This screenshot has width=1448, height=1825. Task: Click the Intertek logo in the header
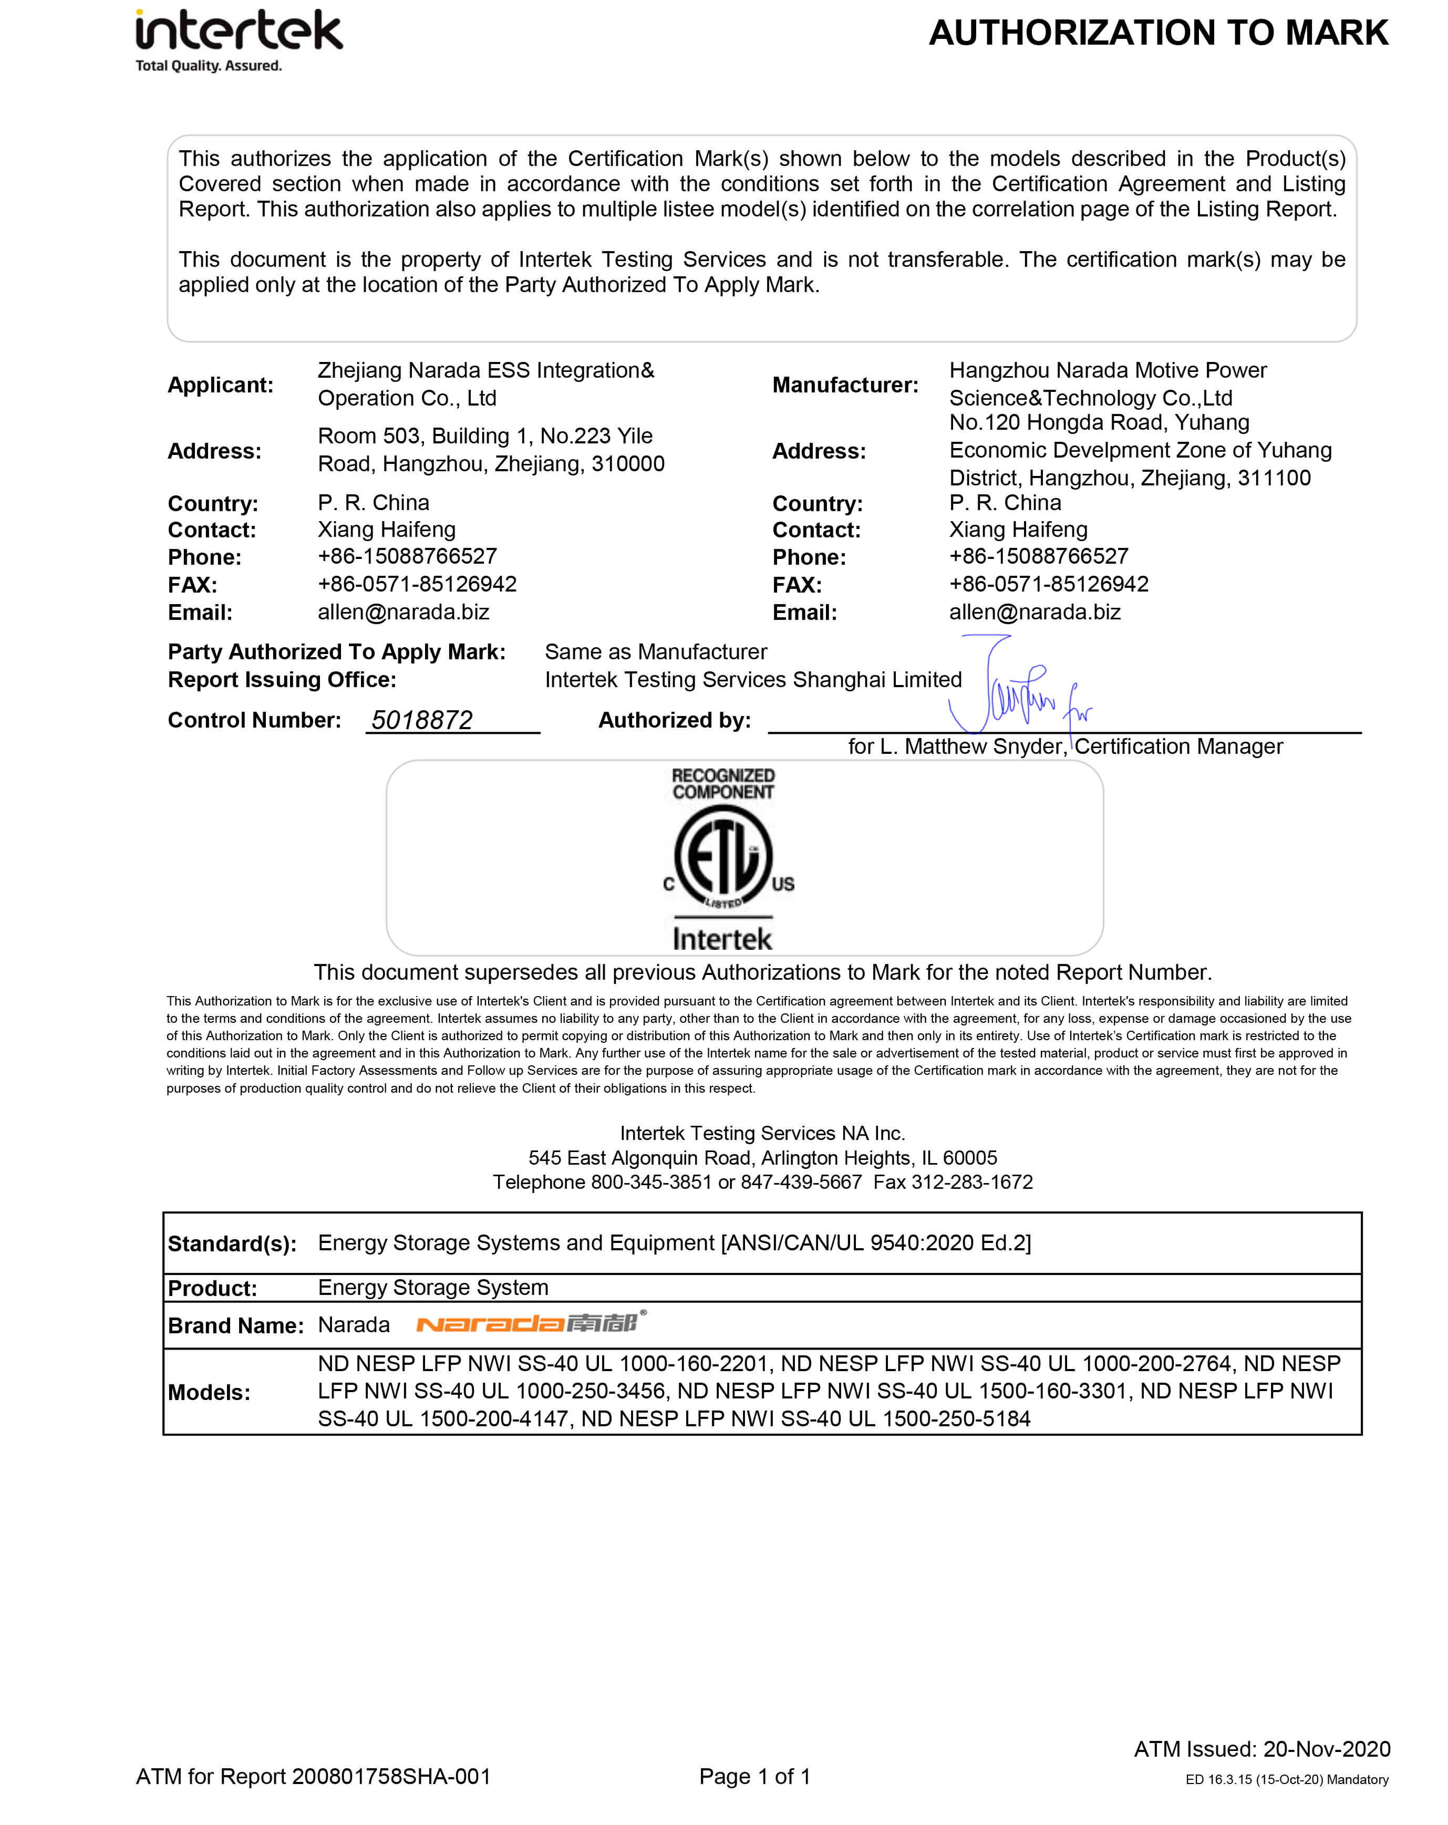click(239, 32)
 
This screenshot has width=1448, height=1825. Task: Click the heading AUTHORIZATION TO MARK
click(1157, 34)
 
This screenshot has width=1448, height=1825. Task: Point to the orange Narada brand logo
click(530, 1322)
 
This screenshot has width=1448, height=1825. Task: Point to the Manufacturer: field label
click(844, 385)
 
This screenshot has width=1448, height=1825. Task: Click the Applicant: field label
click(220, 385)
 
